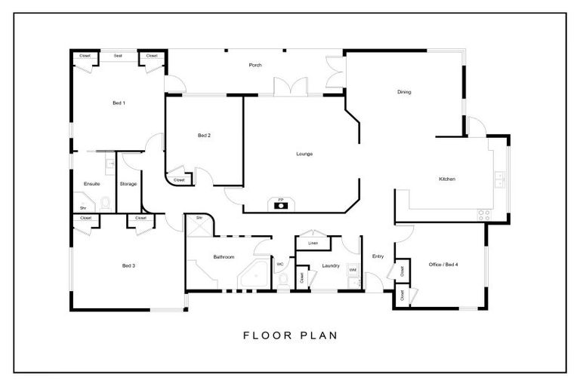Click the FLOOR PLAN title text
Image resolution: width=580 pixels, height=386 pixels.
click(x=290, y=335)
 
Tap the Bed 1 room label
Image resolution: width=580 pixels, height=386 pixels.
click(x=119, y=103)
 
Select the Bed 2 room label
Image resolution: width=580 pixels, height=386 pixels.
click(x=204, y=136)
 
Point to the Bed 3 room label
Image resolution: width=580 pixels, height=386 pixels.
click(x=128, y=265)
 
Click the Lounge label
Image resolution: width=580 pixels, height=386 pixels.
click(x=304, y=154)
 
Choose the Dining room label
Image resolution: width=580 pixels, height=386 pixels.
click(x=404, y=93)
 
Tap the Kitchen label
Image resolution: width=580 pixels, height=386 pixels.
click(x=447, y=179)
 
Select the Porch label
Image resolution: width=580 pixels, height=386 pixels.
click(x=255, y=65)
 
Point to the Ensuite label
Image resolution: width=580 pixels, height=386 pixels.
click(x=92, y=183)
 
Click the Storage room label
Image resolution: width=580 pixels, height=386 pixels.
click(x=128, y=183)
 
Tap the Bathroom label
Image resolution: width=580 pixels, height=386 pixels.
click(x=224, y=257)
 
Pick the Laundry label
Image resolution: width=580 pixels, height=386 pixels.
click(x=330, y=265)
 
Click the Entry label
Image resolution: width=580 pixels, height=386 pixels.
click(x=378, y=257)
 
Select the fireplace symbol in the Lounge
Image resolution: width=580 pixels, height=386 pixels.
click(x=281, y=204)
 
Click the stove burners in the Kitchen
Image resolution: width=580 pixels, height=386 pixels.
click(x=483, y=214)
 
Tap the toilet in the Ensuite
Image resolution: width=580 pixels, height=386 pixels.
click(x=105, y=203)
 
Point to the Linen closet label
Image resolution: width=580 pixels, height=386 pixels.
click(x=312, y=243)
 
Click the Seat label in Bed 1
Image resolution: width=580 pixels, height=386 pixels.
click(x=119, y=55)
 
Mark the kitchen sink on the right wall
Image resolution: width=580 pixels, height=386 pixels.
click(x=500, y=179)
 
